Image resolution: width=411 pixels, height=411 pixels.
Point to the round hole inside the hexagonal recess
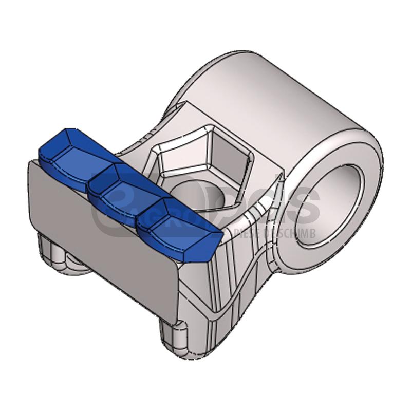(x=198, y=198)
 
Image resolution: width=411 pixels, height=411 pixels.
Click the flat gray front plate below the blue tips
(x=103, y=236)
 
